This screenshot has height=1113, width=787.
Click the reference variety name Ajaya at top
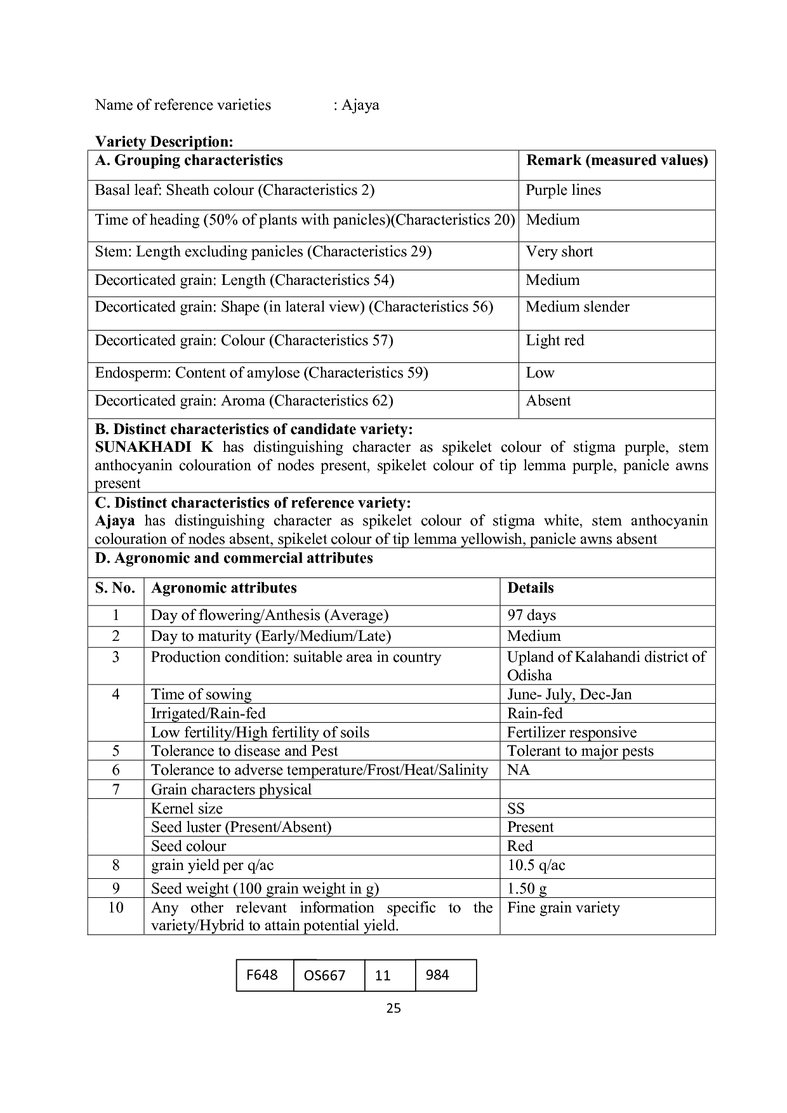coord(360,105)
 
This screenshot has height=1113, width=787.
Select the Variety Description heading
coord(164,142)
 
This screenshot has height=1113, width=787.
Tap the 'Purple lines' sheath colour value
coord(563,190)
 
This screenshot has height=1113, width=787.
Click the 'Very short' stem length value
coord(559,252)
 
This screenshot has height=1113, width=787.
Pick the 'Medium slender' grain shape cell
coord(578,307)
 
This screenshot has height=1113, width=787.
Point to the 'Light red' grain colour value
coord(555,341)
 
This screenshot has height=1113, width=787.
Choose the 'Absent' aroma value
coord(548,401)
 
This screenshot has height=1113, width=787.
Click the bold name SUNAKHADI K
coord(154,447)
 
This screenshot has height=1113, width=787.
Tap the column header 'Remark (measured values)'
coord(617,161)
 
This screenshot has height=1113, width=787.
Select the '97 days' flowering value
coord(531,616)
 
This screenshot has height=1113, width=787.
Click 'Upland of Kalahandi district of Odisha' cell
coord(606,666)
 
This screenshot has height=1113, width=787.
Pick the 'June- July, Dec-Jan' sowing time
coord(569,694)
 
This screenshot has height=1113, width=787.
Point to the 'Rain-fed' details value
coord(534,713)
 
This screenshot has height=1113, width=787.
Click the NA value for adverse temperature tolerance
coord(518,770)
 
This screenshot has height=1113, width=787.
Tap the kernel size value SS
coord(516,809)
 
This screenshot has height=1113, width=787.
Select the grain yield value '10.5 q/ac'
coord(536,866)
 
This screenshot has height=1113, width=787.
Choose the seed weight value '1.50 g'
coord(527,888)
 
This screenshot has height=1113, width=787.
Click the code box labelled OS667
coord(325,975)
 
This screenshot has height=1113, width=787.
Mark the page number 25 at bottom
coord(393,1008)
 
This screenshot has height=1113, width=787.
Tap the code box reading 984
coord(437,975)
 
